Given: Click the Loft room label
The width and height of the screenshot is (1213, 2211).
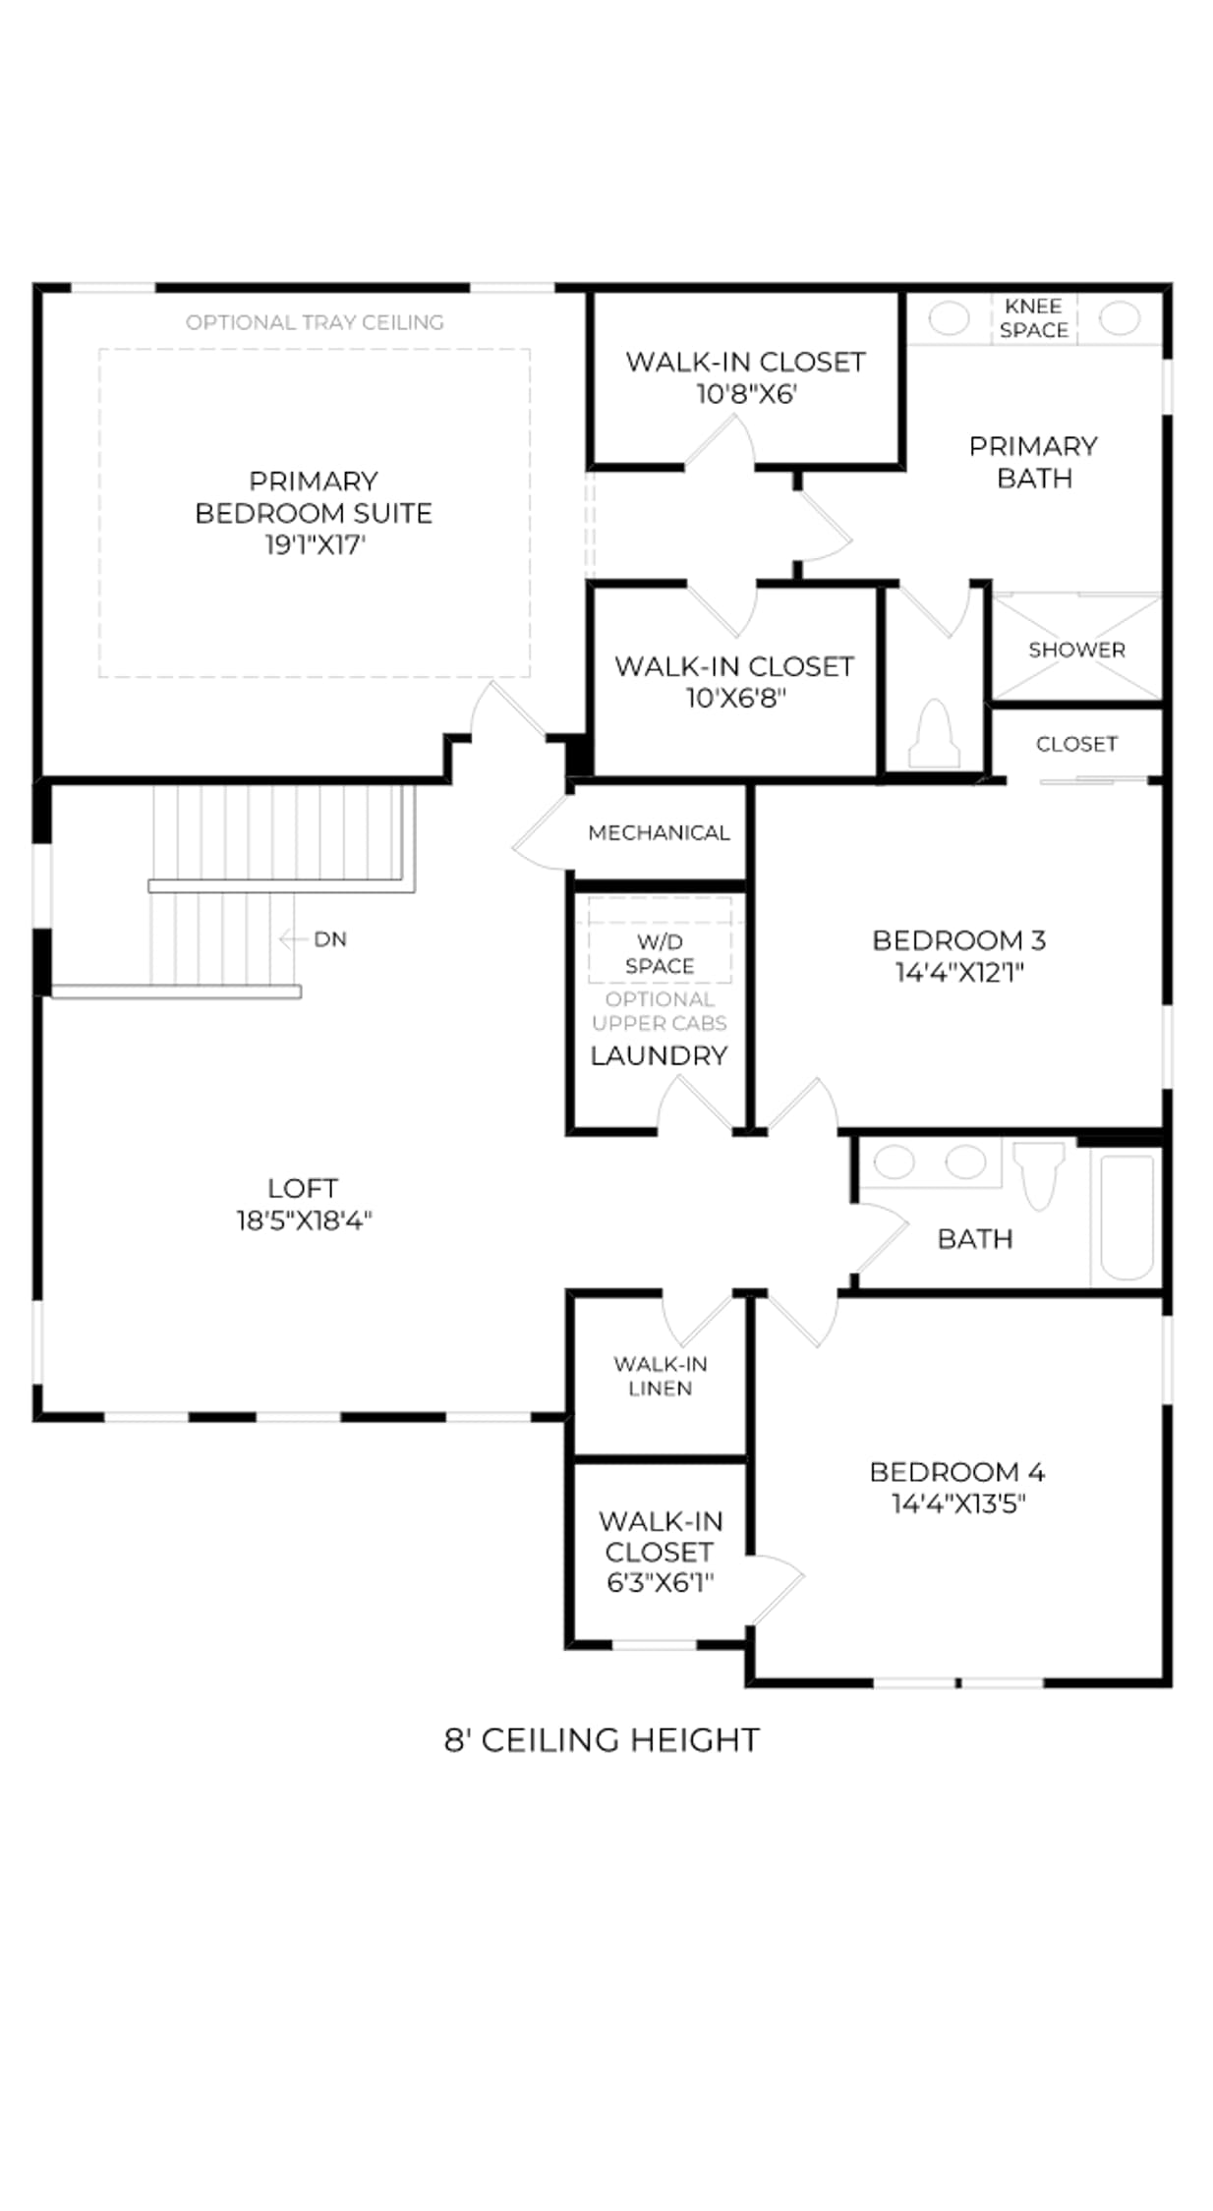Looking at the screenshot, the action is click(x=303, y=1188).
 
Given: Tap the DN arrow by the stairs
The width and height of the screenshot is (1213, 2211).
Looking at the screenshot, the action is click(x=294, y=939).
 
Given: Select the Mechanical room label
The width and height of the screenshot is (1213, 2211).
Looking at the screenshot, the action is click(x=659, y=832).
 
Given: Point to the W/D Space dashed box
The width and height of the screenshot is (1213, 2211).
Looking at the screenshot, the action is click(x=660, y=939).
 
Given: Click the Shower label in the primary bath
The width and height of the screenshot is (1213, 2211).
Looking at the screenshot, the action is click(x=1076, y=650).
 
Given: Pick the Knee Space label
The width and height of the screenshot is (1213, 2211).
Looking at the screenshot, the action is click(x=1033, y=318).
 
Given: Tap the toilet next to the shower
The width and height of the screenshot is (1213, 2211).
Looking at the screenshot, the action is click(x=934, y=733).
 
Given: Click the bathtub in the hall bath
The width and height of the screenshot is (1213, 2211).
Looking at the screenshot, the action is click(x=1126, y=1219).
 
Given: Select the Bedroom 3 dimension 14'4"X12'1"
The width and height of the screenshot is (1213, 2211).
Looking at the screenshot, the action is click(x=959, y=972).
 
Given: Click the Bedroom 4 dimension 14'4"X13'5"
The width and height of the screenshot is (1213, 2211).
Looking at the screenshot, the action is click(x=958, y=1503).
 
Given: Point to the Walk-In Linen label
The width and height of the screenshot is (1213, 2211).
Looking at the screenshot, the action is click(x=660, y=1376).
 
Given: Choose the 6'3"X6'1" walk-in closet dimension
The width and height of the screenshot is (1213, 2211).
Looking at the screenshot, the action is click(x=660, y=1582).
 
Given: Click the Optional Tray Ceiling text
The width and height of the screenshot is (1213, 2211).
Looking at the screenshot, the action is click(x=315, y=322).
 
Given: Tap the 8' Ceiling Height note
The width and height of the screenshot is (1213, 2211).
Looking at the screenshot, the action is click(x=602, y=1740).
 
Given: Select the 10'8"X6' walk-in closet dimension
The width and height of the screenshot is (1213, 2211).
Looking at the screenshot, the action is click(x=746, y=394).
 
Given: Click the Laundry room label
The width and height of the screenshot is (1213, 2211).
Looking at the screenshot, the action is click(x=659, y=1055).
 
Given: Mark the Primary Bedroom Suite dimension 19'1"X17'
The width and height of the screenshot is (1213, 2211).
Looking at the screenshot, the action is click(x=315, y=544).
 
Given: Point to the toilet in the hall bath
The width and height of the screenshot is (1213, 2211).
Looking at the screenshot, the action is click(x=1039, y=1174).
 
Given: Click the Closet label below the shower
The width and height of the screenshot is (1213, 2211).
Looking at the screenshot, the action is click(x=1076, y=744).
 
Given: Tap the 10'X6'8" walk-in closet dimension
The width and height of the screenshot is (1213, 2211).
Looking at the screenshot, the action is click(x=735, y=698).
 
